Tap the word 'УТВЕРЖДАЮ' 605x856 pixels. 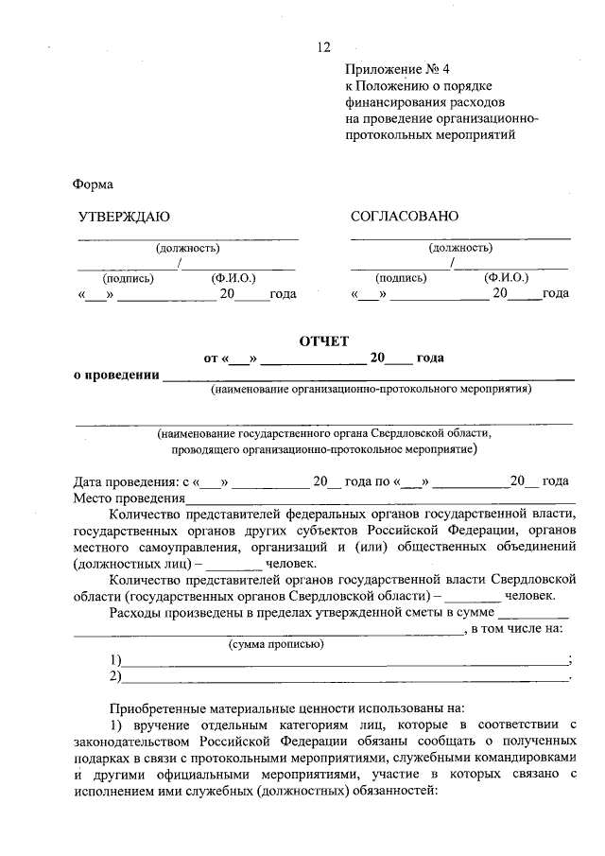click(x=123, y=217)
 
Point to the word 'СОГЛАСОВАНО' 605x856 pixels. click(x=404, y=217)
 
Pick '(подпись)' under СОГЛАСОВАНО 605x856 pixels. click(x=401, y=278)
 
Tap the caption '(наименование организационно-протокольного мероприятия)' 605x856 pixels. click(x=371, y=389)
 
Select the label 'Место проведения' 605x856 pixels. click(x=128, y=498)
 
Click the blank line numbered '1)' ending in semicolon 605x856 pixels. click(x=344, y=662)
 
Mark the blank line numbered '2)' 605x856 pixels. click(x=344, y=678)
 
